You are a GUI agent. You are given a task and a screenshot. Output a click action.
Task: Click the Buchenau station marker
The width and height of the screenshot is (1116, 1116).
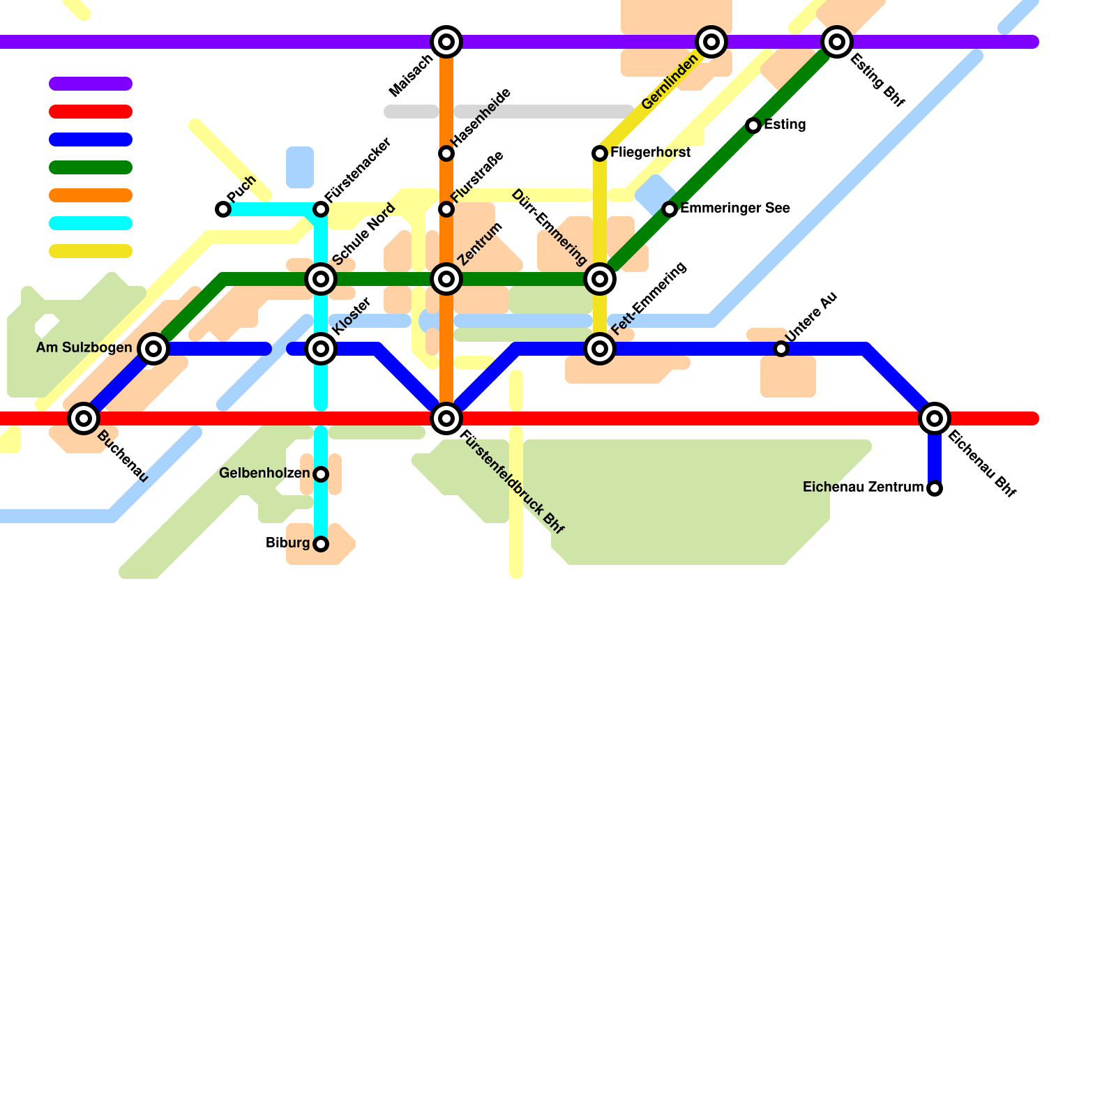[x=84, y=418]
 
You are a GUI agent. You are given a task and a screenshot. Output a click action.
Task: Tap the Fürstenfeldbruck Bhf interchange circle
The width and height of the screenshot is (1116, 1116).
[x=446, y=418]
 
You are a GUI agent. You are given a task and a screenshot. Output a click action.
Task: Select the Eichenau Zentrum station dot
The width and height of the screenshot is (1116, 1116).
[x=935, y=488]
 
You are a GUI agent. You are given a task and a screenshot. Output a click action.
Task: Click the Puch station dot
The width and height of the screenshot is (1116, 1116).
[x=223, y=209]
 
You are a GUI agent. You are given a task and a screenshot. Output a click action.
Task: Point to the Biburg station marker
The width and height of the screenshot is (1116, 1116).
[x=321, y=544]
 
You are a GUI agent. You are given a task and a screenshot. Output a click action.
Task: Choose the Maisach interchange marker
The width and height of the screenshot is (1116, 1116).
[x=446, y=42]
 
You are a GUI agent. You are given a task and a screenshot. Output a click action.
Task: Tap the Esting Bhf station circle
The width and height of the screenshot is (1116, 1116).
[x=837, y=42]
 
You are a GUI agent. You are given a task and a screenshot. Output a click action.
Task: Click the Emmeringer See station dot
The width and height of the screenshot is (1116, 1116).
[x=670, y=209]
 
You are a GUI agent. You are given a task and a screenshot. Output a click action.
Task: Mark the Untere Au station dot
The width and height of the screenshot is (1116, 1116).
[x=781, y=349]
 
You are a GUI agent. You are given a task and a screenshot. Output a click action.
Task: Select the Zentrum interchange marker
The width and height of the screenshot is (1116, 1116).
[x=446, y=279]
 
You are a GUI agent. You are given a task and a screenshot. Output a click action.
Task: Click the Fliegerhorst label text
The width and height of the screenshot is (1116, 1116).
[x=650, y=153]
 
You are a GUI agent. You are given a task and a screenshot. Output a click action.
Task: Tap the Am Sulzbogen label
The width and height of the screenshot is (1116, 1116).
[x=84, y=348]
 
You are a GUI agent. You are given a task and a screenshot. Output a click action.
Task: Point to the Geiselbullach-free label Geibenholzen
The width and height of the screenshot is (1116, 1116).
[x=264, y=474]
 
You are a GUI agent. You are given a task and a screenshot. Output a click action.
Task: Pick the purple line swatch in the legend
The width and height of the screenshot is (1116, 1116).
[x=91, y=84]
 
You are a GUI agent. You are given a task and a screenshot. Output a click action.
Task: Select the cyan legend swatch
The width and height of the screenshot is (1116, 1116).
[x=91, y=223]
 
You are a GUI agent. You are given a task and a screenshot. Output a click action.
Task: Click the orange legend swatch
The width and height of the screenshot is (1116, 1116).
[x=91, y=195]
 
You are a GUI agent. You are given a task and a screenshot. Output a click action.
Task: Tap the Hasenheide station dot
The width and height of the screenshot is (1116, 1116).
[x=446, y=153]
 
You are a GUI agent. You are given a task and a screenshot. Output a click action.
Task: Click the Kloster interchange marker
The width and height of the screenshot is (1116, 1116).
[x=321, y=349]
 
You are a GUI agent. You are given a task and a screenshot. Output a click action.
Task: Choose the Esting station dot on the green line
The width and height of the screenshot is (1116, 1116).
[x=753, y=126]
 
